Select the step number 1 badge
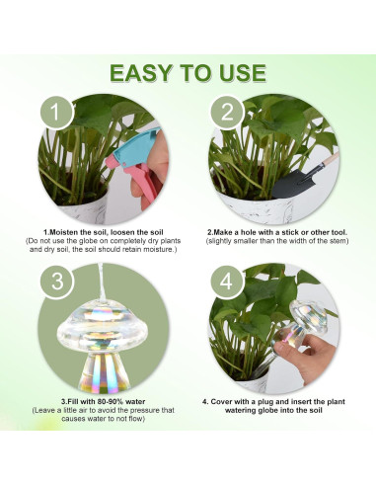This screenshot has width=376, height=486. pos(56,112)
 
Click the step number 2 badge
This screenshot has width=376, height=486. pos(227,112)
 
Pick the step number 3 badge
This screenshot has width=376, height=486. pos(57,282)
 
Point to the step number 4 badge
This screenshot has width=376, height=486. pos(226,282)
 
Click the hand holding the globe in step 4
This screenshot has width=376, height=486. pos(307,358)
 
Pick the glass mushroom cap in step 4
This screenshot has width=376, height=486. pos(308,315)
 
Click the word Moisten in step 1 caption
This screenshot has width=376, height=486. pos(62,232)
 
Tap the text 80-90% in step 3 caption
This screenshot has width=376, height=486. pos(111,402)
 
